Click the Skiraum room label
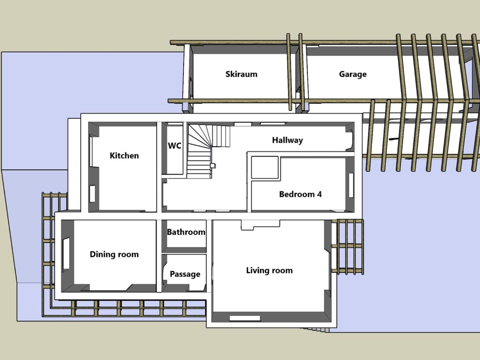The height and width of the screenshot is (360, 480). click(x=241, y=74)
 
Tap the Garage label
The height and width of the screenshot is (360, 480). click(x=353, y=74)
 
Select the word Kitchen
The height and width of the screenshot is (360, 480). click(x=124, y=156)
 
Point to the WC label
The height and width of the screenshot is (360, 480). click(x=175, y=145)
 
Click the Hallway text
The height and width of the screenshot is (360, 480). click(x=288, y=140)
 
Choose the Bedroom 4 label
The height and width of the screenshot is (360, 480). click(x=300, y=194)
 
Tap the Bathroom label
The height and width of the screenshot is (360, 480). click(x=186, y=232)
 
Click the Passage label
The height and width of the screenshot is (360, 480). click(x=185, y=274)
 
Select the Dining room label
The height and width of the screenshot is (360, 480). click(x=114, y=254)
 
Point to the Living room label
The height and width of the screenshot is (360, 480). click(x=269, y=270)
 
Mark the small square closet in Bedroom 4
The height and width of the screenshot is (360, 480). click(x=265, y=167)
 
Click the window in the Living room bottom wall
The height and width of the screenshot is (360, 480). click(x=245, y=318)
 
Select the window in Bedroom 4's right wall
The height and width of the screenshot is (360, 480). click(x=351, y=185)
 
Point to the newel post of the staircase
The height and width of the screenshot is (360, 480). click(x=213, y=166)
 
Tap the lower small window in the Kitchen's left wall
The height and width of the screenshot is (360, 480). click(x=92, y=194)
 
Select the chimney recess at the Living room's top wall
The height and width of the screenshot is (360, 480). click(x=260, y=225)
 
